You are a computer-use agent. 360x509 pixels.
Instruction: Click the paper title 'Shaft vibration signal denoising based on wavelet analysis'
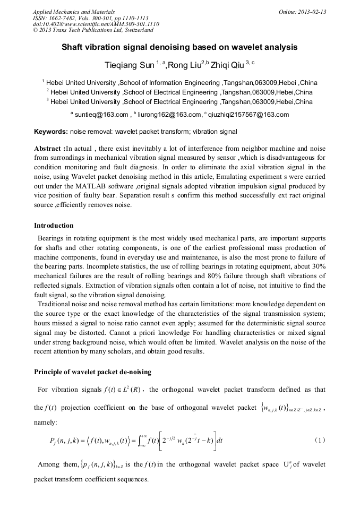(x=179, y=47)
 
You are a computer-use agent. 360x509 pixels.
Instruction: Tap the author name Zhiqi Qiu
(x=227, y=65)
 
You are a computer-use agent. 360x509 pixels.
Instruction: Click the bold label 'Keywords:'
(x=50, y=131)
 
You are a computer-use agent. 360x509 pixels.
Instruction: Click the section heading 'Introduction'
(x=54, y=226)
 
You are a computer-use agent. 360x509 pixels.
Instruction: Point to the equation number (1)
(x=320, y=440)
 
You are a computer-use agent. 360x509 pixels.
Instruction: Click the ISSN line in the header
(x=90, y=18)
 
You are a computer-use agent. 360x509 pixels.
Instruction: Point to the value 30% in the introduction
(x=315, y=266)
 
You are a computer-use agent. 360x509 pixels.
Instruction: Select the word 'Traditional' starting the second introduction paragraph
(x=56, y=304)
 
